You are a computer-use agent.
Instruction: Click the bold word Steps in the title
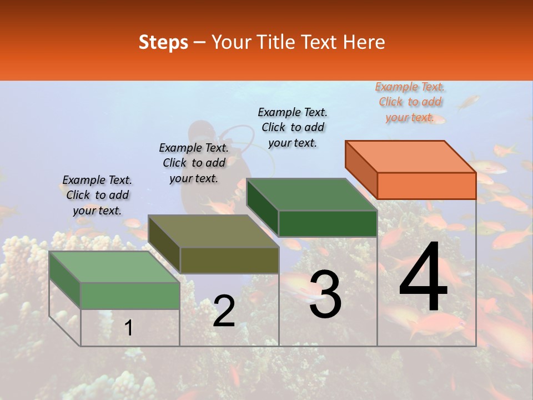(x=163, y=42)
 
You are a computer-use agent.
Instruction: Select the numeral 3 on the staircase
(x=325, y=294)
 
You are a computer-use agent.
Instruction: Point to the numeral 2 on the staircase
(x=224, y=311)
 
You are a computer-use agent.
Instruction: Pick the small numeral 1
(x=129, y=328)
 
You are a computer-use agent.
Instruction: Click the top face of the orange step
(x=410, y=156)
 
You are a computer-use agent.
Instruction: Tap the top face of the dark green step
(x=311, y=194)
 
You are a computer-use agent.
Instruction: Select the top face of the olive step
(x=213, y=231)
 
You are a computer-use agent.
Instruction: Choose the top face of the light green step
(x=114, y=267)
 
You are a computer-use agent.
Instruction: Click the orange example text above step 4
(x=410, y=102)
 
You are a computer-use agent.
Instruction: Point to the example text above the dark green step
(x=293, y=127)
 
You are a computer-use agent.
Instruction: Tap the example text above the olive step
(x=194, y=163)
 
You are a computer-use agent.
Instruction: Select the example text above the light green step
(x=97, y=195)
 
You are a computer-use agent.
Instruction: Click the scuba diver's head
(x=199, y=132)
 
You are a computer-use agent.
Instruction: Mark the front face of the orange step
(x=426, y=186)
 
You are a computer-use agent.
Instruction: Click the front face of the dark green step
(x=328, y=223)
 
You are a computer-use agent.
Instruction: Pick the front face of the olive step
(x=229, y=260)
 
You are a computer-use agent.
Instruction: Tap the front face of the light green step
(x=130, y=296)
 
